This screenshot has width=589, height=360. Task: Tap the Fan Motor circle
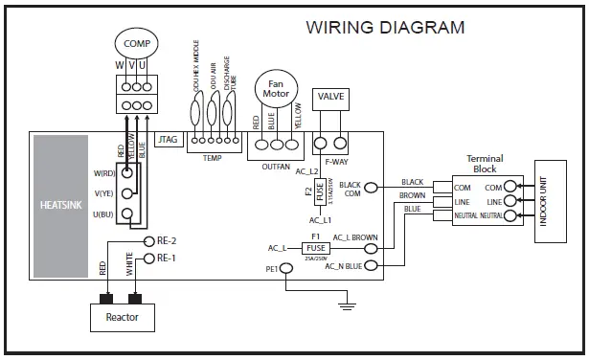click(x=279, y=92)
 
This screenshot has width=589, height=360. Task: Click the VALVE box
click(x=330, y=98)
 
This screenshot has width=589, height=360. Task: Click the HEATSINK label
click(x=59, y=205)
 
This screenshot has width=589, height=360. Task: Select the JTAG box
click(x=169, y=140)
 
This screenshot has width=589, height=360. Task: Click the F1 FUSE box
click(x=315, y=247)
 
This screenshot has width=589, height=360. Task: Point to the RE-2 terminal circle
click(x=148, y=241)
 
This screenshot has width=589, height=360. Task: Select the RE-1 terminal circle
click(x=148, y=259)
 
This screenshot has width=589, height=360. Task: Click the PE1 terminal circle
click(x=284, y=270)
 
